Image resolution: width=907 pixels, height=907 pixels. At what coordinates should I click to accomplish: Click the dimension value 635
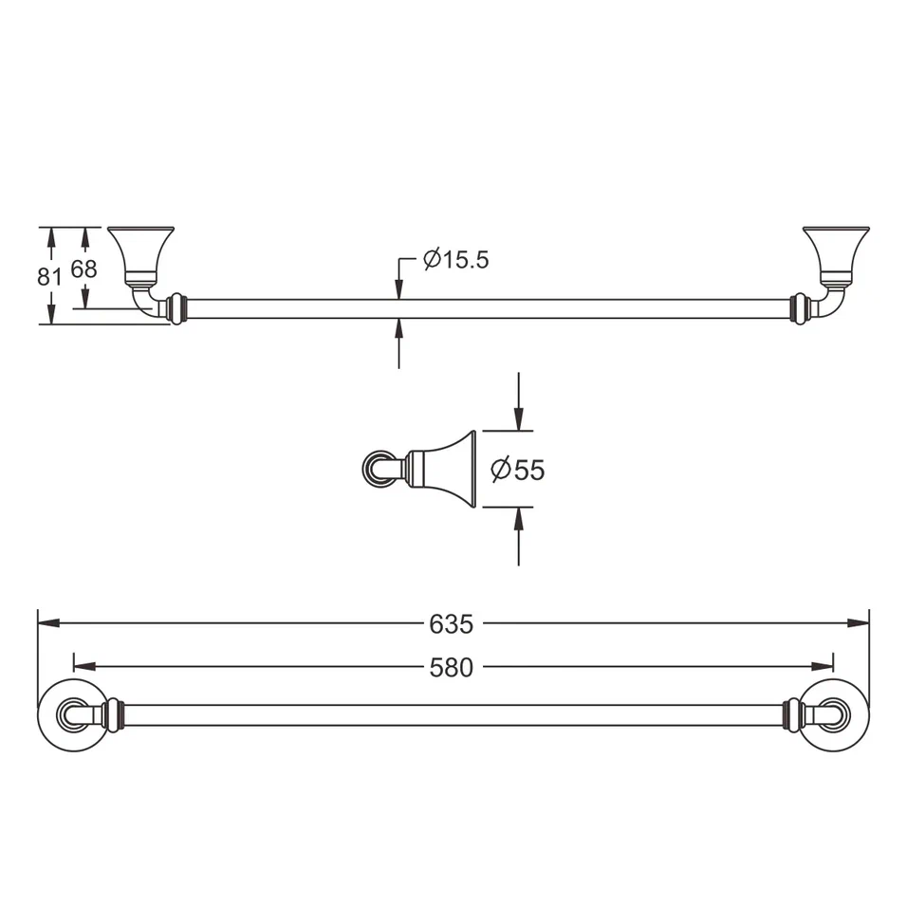pos(451,624)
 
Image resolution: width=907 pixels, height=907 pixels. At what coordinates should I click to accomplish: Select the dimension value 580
pos(451,668)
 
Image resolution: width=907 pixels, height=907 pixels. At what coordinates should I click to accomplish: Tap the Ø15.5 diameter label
pos(456,260)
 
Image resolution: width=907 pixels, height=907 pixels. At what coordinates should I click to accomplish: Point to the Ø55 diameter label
pos(518,469)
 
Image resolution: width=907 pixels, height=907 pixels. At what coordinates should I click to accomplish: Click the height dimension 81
pos(49,276)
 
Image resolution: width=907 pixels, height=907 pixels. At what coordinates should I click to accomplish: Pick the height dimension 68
pos(84,269)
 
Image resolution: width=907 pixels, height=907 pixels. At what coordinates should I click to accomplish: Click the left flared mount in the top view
pos(141,250)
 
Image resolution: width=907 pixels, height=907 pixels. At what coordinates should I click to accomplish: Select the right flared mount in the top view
pos(835,250)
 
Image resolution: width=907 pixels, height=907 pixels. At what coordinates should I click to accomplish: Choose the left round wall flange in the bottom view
pos(71,715)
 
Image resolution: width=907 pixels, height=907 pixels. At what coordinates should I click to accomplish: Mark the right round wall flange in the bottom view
pos(834,715)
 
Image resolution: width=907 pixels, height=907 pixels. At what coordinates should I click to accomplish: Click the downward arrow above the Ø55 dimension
pos(518,417)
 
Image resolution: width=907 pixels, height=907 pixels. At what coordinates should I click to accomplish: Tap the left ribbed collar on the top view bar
pos(175,309)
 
